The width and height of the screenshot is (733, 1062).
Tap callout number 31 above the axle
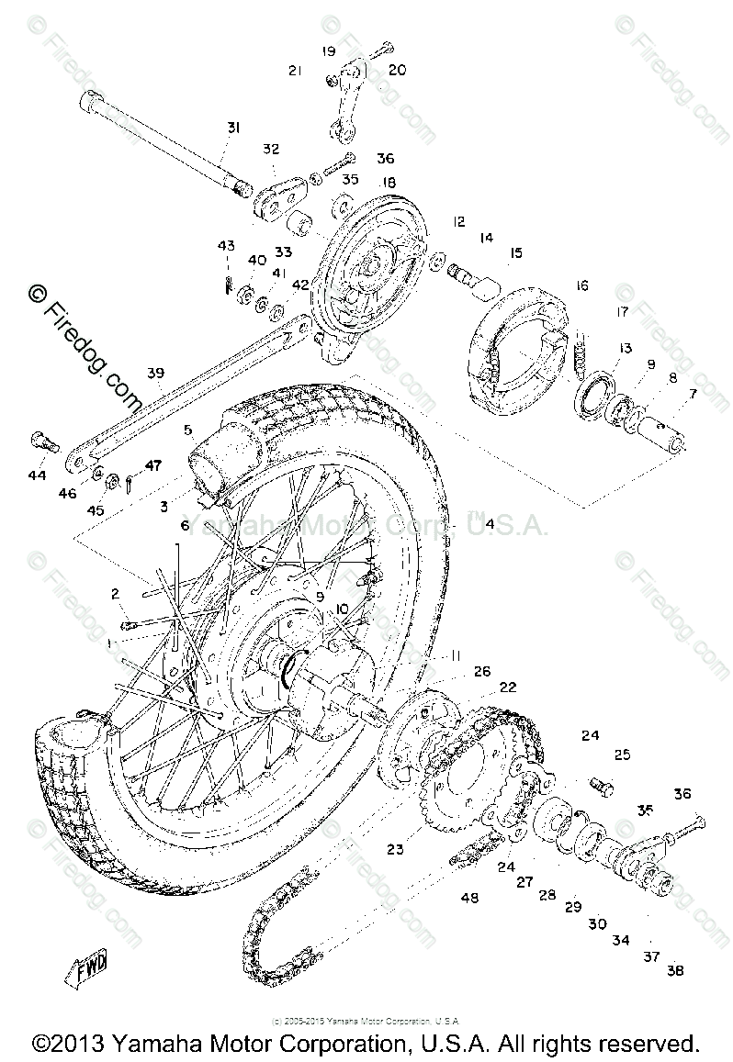tap(232, 128)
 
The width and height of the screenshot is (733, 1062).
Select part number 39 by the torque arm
tap(155, 373)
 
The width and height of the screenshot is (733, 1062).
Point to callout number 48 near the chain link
tap(469, 897)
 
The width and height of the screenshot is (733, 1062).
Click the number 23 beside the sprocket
tap(395, 849)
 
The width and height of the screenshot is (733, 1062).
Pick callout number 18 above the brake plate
tap(389, 183)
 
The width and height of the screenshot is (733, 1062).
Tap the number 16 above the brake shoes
tap(581, 285)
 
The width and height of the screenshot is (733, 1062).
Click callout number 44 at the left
tap(37, 476)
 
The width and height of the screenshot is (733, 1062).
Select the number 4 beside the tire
tap(490, 524)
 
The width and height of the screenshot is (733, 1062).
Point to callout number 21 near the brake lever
tap(295, 70)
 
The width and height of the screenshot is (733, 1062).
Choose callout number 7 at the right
tap(693, 394)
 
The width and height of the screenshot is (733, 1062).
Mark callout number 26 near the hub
tap(482, 671)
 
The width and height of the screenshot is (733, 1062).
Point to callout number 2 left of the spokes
tap(116, 594)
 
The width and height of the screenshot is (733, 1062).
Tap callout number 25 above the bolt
tap(623, 755)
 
